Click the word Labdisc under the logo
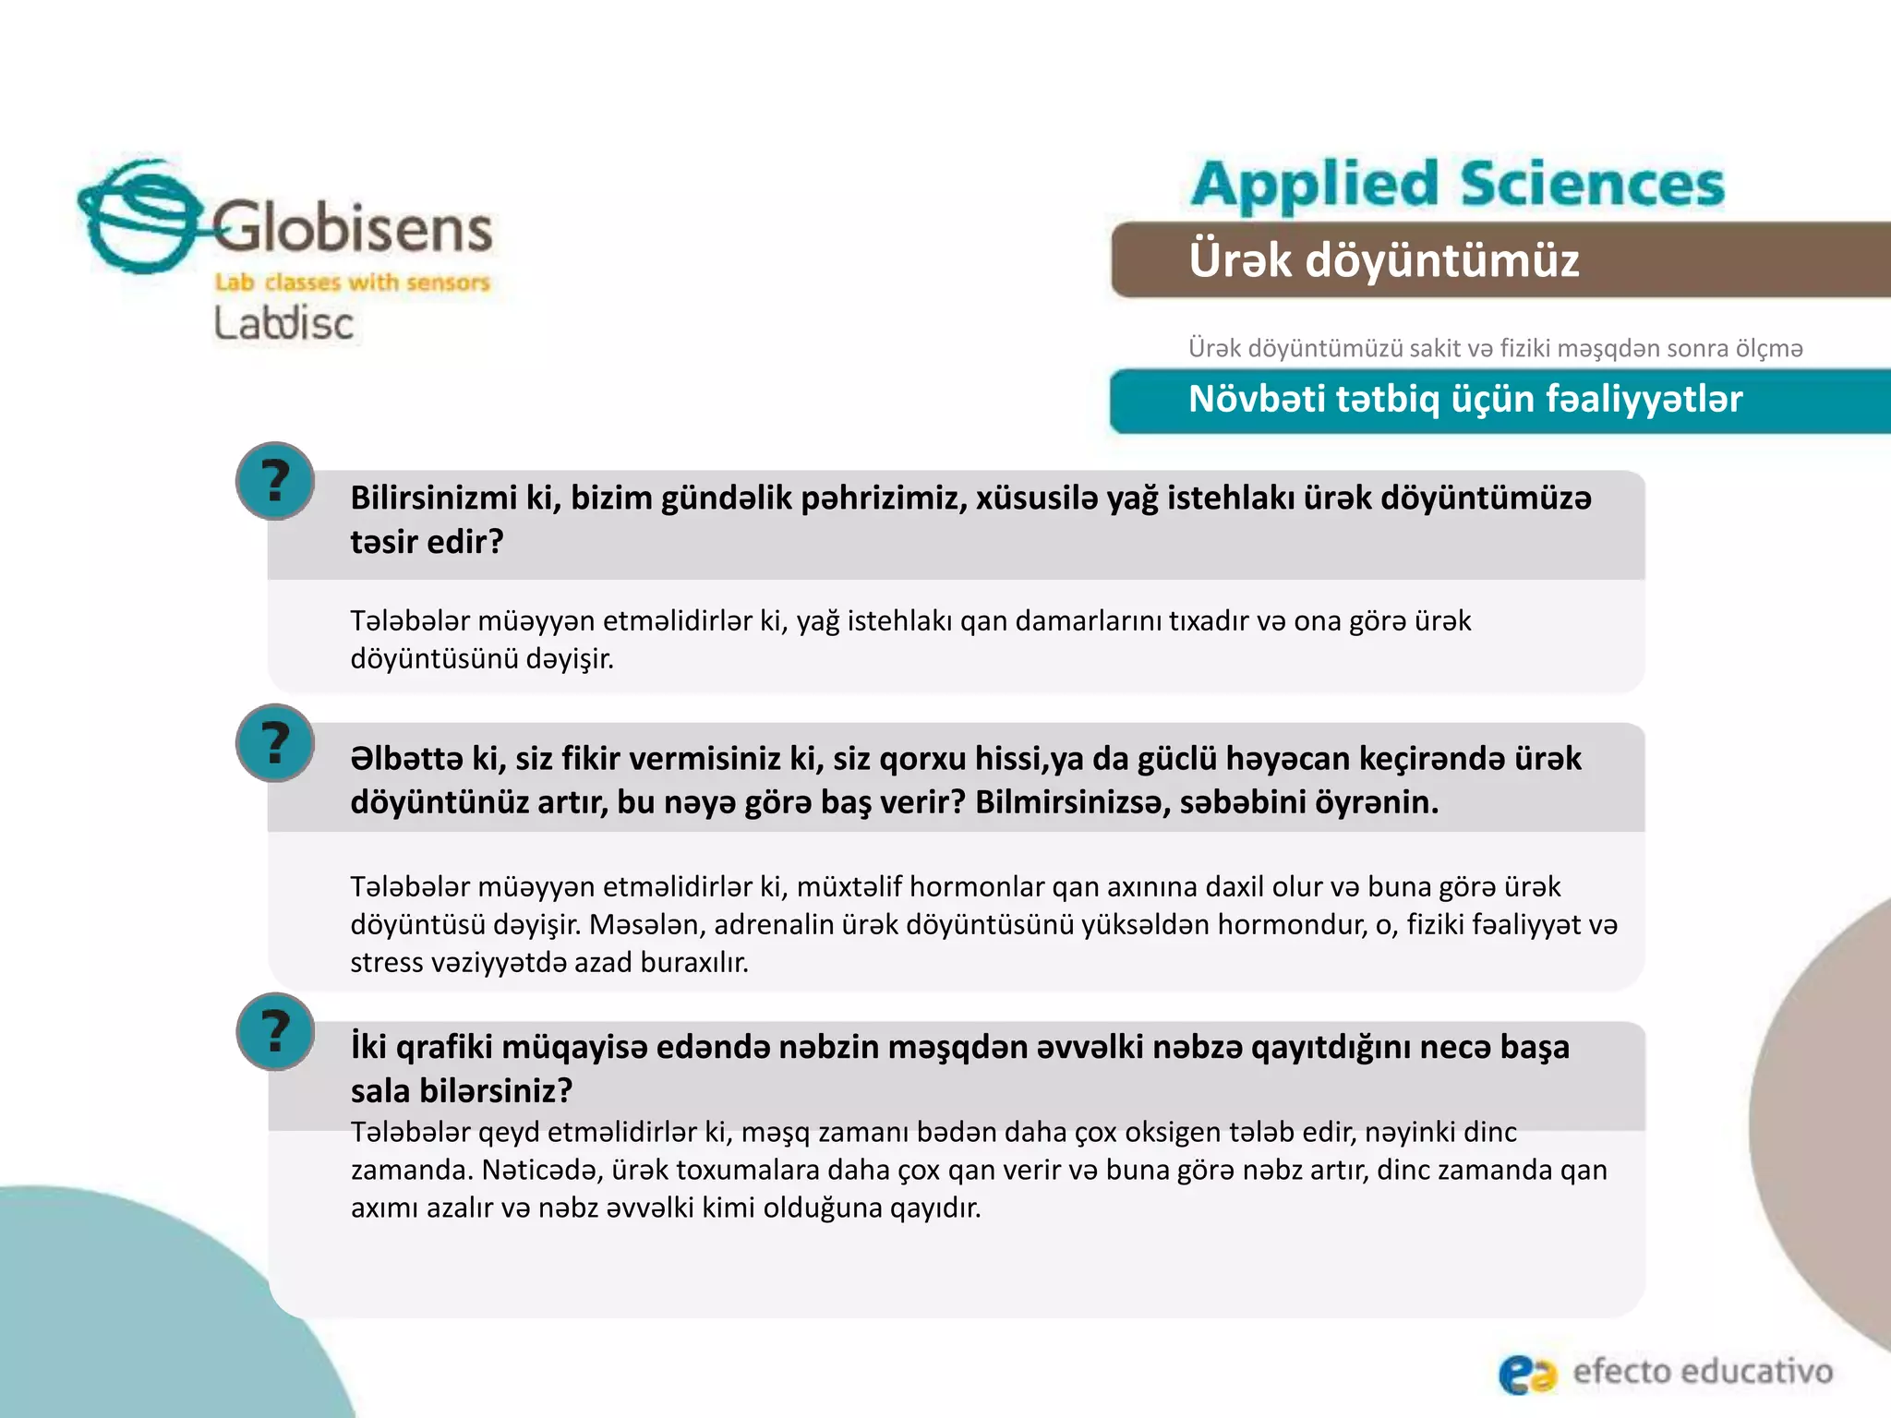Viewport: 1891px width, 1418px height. [283, 323]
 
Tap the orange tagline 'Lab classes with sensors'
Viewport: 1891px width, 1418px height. [352, 282]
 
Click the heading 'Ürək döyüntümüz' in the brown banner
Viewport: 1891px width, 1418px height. [1383, 259]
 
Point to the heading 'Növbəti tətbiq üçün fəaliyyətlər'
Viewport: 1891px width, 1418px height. [1464, 400]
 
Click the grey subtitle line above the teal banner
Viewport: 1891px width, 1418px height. [1495, 348]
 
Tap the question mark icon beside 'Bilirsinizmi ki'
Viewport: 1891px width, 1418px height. [275, 481]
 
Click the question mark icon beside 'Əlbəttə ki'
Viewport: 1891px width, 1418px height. [275, 742]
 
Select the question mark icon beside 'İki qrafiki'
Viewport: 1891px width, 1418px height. [275, 1031]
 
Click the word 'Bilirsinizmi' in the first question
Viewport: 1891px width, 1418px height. [434, 499]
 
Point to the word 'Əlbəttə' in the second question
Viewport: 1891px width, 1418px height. [406, 759]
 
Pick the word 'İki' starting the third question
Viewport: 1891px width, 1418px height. [368, 1047]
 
